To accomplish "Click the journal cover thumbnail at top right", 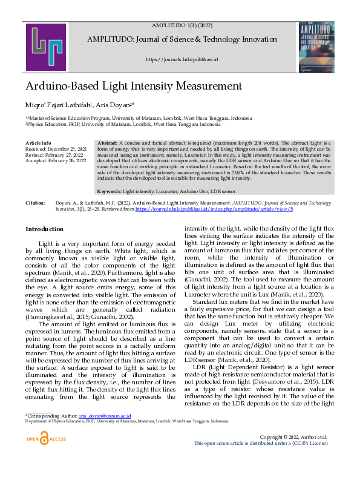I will (x=316, y=47).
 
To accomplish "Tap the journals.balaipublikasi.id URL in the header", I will (x=182, y=59).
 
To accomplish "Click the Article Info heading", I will (x=38, y=143).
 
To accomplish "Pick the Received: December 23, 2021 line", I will (x=56, y=148).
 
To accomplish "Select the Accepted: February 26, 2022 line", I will (x=55, y=160).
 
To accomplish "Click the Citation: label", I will (x=36, y=203).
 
